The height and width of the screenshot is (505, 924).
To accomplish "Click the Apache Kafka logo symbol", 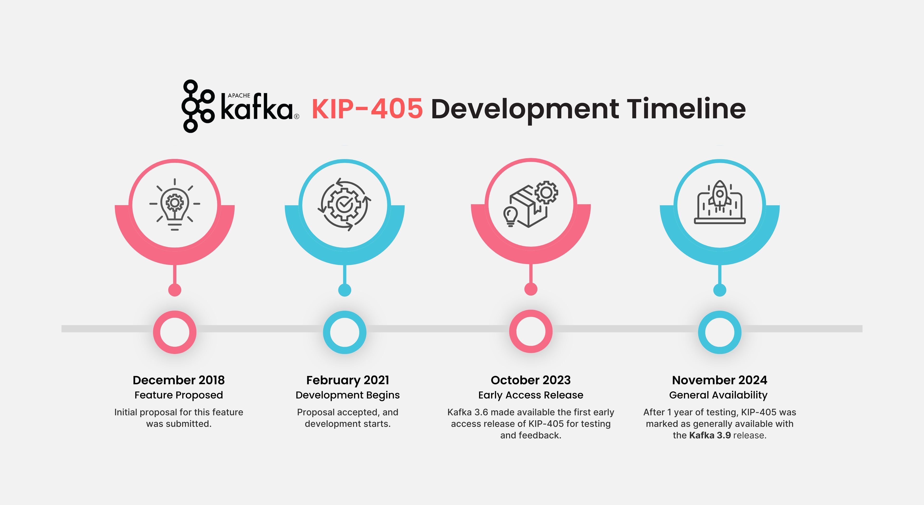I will pos(197,106).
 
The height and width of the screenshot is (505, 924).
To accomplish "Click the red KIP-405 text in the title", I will pos(367,109).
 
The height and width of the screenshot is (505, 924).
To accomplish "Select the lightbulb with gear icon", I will pos(175,204).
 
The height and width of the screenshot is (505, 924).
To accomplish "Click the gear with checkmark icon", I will pos(344,204).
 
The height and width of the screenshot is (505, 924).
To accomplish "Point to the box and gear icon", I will pos(531,204).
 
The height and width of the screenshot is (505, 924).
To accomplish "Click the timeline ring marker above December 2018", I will pos(175,332).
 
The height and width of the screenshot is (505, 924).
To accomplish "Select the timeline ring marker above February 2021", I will pos(344,332).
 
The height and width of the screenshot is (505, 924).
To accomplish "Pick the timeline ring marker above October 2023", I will pos(531,331).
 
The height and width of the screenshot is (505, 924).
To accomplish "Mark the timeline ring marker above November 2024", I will pos(719,332).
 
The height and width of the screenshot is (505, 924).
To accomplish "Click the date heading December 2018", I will pos(179,380).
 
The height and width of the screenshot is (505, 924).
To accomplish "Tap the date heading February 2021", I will pos(347,380).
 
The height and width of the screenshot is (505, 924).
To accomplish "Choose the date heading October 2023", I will pos(531,380).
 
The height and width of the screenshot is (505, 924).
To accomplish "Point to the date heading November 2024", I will pos(719,380).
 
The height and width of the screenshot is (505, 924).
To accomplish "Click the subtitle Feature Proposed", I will pos(179,395).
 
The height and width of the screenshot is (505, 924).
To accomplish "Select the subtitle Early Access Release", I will pos(531,395).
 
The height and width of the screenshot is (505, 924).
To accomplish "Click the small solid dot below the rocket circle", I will pos(719,290).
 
